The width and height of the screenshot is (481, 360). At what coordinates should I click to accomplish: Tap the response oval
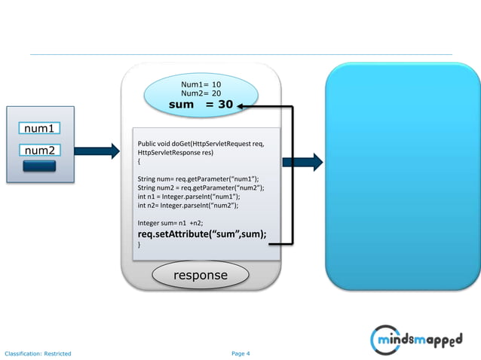point(200,276)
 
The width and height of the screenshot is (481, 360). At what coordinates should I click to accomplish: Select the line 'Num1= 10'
point(201,84)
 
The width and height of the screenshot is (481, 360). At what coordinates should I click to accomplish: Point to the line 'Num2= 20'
point(201,93)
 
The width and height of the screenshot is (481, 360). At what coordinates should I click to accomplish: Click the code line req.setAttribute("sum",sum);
point(202,233)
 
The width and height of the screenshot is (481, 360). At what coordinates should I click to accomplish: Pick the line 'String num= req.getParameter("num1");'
point(198,178)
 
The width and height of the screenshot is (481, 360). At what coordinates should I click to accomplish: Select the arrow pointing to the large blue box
point(303,161)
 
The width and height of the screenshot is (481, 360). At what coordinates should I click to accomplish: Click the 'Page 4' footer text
point(240,353)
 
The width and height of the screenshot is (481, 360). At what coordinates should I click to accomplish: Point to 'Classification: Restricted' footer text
point(38,353)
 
